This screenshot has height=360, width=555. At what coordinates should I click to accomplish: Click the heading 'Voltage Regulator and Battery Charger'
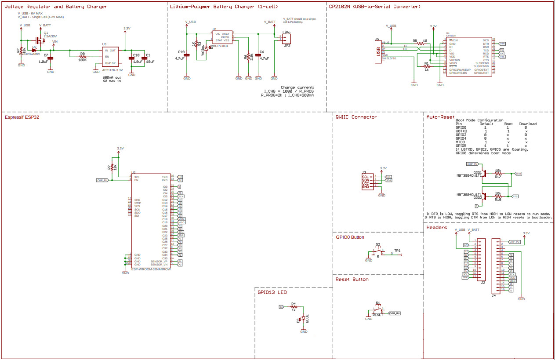coord(55,7)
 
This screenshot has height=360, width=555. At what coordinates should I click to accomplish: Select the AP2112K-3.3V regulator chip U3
coord(111,57)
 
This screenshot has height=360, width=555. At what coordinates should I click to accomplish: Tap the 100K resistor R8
coord(83,57)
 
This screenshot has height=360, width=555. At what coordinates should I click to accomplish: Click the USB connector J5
coord(377,52)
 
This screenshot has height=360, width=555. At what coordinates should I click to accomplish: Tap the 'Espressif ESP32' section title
coord(22,117)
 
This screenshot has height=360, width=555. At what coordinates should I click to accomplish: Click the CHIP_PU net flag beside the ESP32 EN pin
coord(102,180)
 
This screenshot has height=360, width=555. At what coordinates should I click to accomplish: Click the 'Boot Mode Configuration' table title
coord(479,120)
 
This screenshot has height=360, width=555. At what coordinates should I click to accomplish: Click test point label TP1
coord(397,250)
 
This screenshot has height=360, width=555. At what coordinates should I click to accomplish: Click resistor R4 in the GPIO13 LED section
coord(293,307)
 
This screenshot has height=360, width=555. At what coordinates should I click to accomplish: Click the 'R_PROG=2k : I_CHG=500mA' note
coord(287,95)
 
